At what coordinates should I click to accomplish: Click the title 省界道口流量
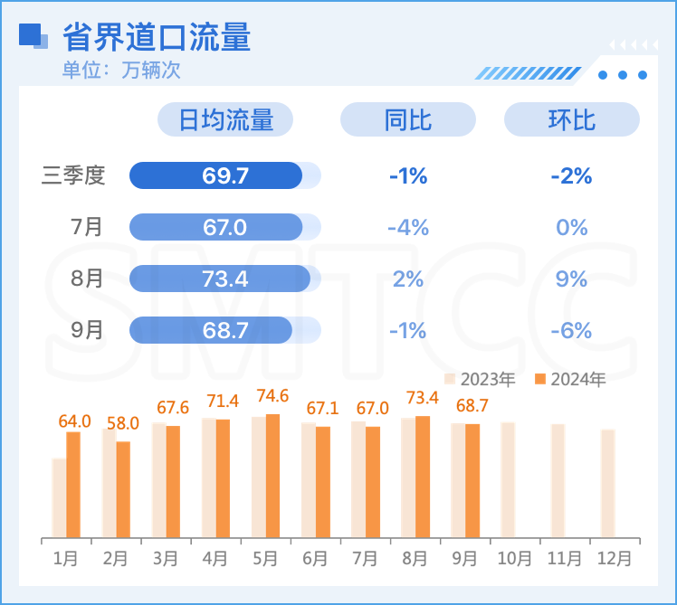point(157,37)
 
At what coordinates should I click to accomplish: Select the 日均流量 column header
point(225,119)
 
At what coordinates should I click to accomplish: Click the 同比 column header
point(407,119)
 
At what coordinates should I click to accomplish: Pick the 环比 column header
point(571,119)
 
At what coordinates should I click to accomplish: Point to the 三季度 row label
point(73,175)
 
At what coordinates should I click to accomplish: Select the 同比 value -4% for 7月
point(407,227)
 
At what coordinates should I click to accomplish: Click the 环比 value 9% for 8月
point(571,279)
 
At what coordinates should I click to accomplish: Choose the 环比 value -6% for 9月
point(571,330)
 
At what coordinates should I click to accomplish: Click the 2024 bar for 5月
point(272,475)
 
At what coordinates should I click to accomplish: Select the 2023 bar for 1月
point(59,497)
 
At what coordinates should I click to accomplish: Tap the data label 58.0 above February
point(123,422)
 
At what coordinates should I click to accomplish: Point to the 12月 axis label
point(615,559)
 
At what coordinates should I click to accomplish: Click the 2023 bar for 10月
point(508,479)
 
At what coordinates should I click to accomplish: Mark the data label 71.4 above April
point(223,401)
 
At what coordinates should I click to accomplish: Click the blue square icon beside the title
point(32,35)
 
